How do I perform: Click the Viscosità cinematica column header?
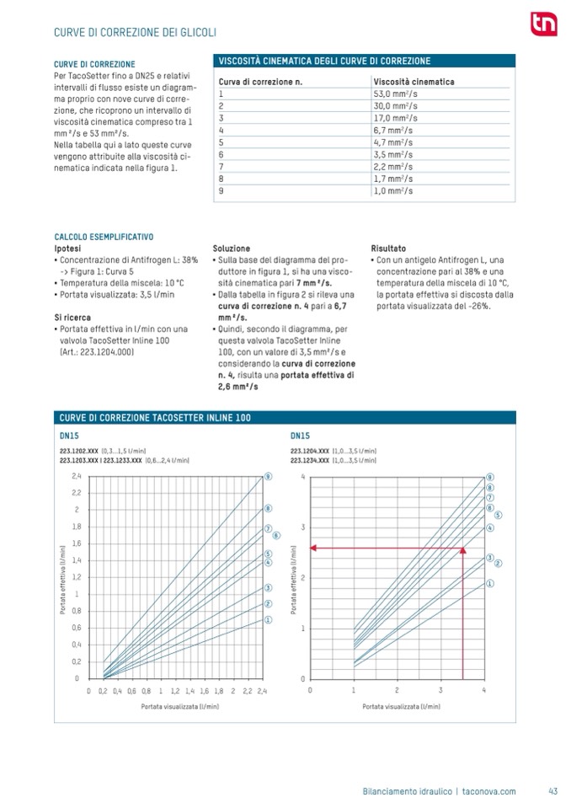point(414,82)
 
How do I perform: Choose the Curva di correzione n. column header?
point(260,82)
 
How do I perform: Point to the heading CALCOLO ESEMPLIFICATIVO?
point(104,238)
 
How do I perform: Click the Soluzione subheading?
point(231,249)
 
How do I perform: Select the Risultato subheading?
point(388,249)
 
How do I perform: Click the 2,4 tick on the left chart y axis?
point(76,476)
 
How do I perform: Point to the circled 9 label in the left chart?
point(268,476)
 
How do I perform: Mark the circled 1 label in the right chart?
point(489,583)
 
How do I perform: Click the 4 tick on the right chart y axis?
point(302,477)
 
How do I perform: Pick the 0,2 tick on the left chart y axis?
point(76,661)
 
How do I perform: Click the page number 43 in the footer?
point(552,790)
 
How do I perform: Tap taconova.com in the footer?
point(490,790)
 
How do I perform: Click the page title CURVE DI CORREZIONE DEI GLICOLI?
point(136,32)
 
